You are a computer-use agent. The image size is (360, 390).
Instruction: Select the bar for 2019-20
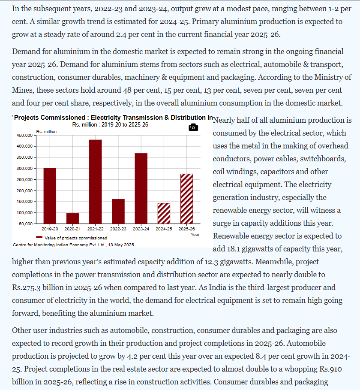(50, 196)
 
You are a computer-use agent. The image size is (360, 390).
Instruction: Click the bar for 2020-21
(72, 218)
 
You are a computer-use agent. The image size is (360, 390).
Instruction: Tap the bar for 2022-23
(118, 211)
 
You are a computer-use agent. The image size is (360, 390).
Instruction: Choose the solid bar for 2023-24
(141, 188)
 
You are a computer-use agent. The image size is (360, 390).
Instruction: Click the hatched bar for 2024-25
(164, 213)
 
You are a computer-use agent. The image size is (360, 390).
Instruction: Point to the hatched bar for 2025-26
(186, 199)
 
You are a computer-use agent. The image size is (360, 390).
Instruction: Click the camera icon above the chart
(193, 127)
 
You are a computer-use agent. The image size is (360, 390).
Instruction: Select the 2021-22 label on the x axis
(96, 230)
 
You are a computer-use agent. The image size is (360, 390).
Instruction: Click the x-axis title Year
(195, 235)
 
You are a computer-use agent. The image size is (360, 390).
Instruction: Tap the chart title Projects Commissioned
(50, 118)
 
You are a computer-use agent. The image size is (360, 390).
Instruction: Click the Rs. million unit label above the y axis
(46, 131)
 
